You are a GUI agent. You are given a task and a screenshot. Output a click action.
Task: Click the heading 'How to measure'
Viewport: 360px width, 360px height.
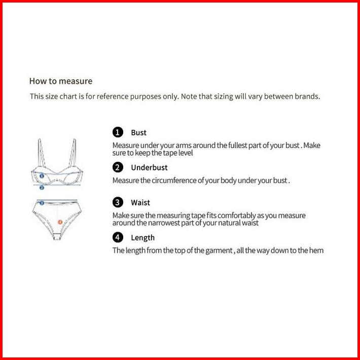click(61, 81)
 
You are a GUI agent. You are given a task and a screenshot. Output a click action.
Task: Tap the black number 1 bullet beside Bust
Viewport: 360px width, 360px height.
click(118, 132)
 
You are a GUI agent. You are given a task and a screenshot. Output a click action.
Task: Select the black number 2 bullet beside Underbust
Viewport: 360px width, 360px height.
click(118, 167)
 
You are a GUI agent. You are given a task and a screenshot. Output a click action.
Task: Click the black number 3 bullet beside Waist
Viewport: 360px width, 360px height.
click(118, 202)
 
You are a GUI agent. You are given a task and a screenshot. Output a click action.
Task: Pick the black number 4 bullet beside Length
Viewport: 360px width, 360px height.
click(118, 237)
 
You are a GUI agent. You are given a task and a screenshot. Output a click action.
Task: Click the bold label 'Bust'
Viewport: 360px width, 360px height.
click(138, 133)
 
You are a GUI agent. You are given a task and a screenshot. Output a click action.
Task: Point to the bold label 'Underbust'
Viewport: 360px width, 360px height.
click(149, 168)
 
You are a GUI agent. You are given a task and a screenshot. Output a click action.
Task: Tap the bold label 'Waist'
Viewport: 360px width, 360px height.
click(140, 203)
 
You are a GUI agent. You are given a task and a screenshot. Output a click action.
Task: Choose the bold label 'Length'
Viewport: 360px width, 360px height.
click(142, 238)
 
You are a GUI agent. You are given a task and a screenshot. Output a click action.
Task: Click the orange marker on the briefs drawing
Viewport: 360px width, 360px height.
click(60, 222)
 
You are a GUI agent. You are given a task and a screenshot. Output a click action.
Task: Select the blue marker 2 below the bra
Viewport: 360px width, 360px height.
click(42, 187)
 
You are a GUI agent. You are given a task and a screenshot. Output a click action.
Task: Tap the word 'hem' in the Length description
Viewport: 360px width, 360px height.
click(316, 250)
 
